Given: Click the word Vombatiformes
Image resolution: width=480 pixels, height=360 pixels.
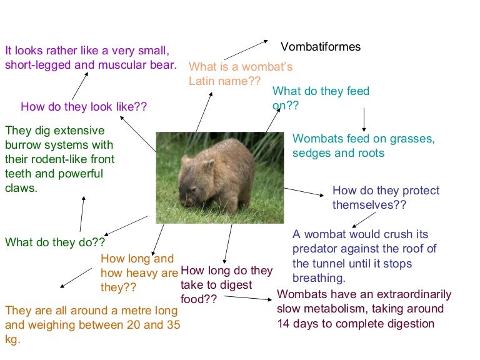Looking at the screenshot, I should click(x=321, y=47).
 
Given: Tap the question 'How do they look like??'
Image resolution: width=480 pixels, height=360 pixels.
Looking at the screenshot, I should click(x=84, y=106).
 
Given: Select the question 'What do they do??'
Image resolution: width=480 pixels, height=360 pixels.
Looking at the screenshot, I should click(x=55, y=242).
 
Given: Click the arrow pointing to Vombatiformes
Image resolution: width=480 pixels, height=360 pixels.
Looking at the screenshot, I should click(x=246, y=50).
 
